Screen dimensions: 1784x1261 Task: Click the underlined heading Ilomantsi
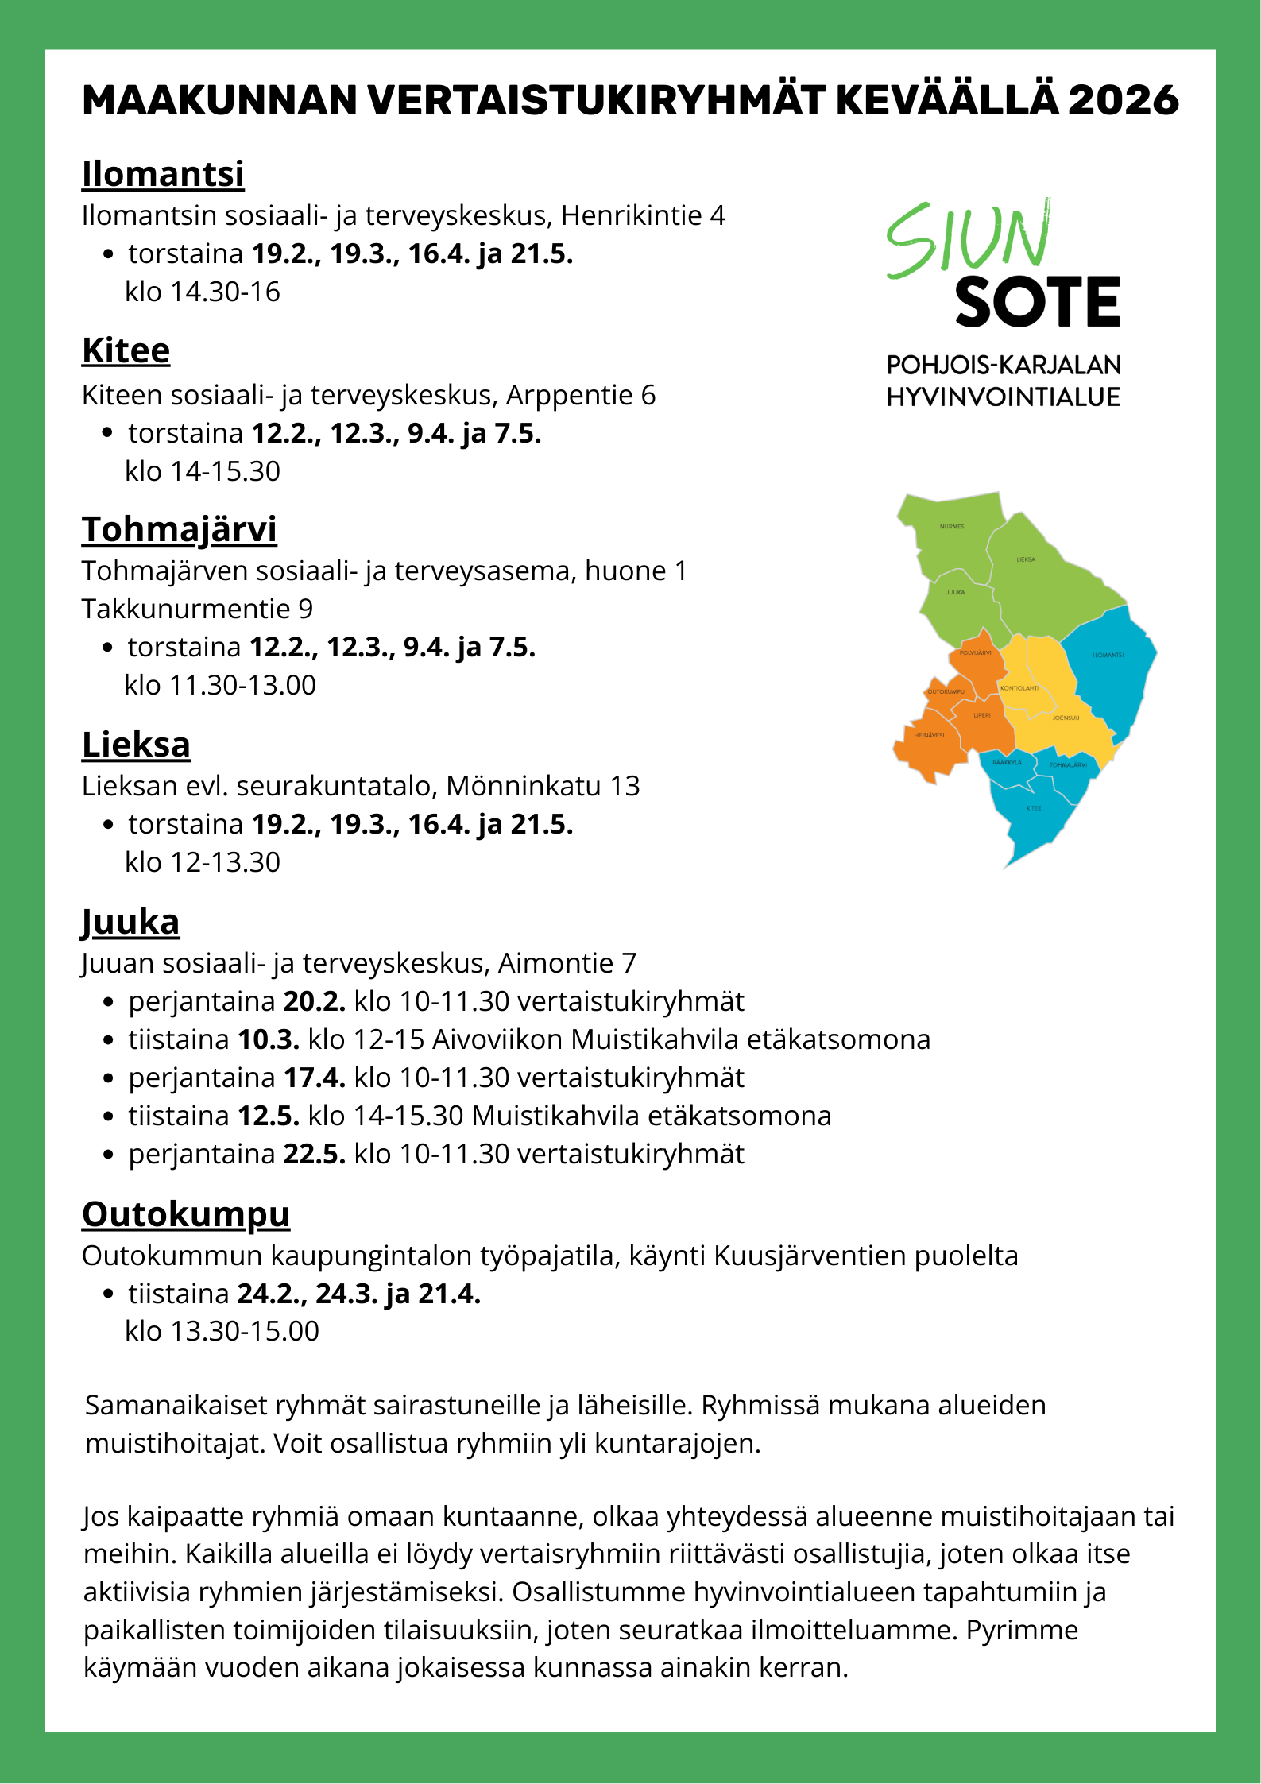click(163, 174)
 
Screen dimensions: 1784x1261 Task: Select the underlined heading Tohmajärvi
click(179, 529)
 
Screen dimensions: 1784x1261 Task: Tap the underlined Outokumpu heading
click(186, 1215)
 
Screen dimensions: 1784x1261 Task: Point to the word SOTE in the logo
click(1037, 303)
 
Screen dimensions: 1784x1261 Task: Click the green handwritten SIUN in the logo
click(969, 238)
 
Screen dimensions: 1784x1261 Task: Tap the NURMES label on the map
click(951, 527)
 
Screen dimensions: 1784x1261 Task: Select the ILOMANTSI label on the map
click(1108, 656)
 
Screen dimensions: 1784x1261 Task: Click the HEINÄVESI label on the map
click(929, 735)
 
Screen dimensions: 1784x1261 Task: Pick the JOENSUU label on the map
click(1066, 718)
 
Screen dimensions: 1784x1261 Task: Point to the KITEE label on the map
click(1033, 808)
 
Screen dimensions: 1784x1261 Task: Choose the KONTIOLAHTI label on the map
click(1019, 688)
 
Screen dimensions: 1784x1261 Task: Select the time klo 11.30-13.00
click(220, 685)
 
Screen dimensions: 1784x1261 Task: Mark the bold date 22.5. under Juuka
click(314, 1154)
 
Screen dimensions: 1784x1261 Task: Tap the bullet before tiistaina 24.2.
click(109, 1294)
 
